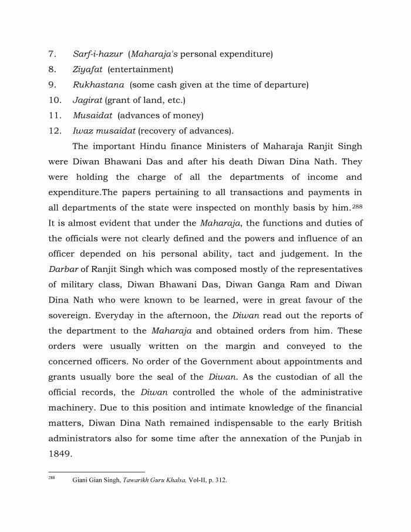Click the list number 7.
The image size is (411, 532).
(52, 55)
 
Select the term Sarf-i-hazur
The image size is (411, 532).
(97, 55)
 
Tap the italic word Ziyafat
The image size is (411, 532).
(87, 70)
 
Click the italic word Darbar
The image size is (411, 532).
(63, 270)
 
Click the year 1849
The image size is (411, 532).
(60, 454)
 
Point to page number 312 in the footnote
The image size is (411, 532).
(219, 480)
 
